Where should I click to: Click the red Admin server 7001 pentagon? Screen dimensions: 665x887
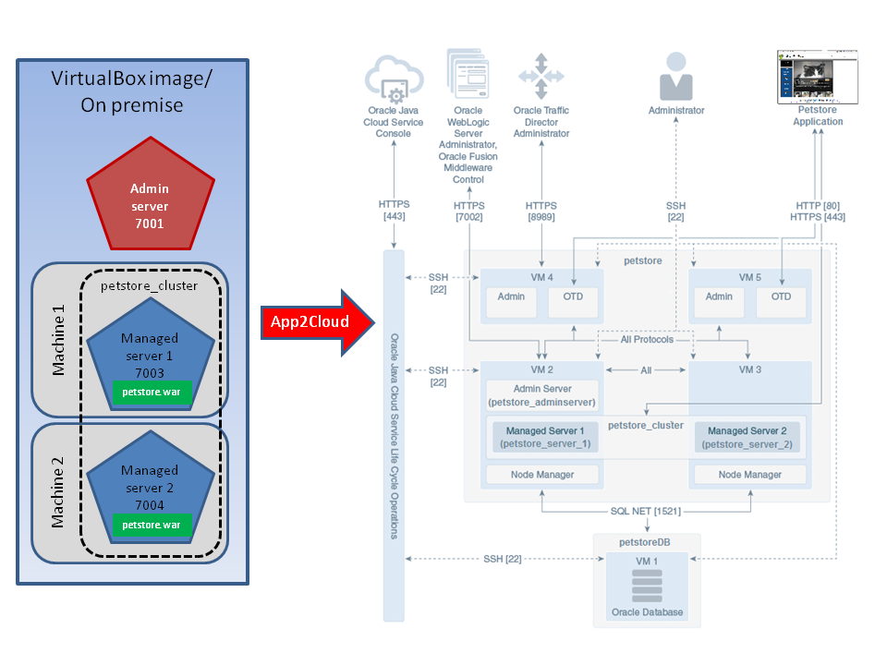(150, 195)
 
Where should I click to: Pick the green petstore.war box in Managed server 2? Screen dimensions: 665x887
(151, 525)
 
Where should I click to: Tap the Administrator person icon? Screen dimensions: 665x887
(675, 76)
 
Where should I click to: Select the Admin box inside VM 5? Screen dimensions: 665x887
(719, 302)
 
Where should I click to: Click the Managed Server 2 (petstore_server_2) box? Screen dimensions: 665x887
(747, 437)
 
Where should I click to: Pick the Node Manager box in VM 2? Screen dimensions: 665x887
(542, 475)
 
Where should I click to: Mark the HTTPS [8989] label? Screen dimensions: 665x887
(541, 211)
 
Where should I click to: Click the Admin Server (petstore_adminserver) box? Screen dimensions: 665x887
(542, 395)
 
